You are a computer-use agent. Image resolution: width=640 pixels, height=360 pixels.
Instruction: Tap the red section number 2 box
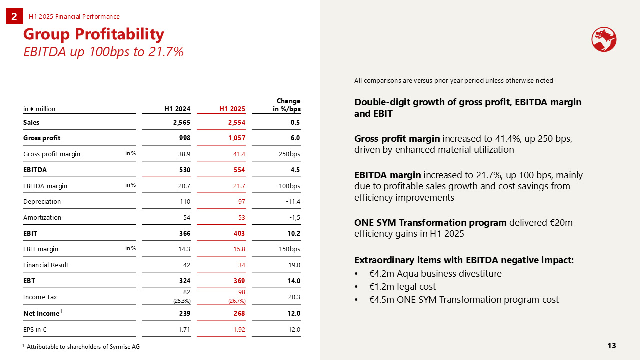pyautogui.click(x=14, y=16)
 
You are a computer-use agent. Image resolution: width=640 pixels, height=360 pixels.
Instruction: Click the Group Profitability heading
pyautogui.click(x=93, y=34)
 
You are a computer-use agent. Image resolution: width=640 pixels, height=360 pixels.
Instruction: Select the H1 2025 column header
pyautogui.click(x=232, y=109)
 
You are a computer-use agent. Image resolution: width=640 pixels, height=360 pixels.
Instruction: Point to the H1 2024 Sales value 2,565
pyautogui.click(x=181, y=122)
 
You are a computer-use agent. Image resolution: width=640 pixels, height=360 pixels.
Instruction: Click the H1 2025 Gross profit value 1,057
pyautogui.click(x=237, y=138)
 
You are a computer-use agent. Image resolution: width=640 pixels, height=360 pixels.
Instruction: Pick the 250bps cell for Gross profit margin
pyautogui.click(x=289, y=154)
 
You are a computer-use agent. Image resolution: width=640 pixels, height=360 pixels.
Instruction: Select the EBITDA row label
pyautogui.click(x=35, y=170)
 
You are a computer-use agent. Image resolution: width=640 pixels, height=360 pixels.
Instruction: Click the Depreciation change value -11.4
pyautogui.click(x=293, y=201)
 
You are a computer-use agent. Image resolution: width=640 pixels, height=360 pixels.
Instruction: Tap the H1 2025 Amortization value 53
pyautogui.click(x=241, y=217)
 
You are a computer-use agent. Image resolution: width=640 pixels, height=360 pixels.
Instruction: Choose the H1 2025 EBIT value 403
pyautogui.click(x=239, y=233)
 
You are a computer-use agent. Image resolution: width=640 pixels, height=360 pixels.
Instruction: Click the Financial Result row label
pyautogui.click(x=46, y=265)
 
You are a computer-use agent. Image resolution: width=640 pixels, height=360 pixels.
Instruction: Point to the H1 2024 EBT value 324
pyautogui.click(x=185, y=281)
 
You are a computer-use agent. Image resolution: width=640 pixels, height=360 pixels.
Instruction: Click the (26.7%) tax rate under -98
pyautogui.click(x=237, y=301)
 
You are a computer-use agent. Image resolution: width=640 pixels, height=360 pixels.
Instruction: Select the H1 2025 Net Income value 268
pyautogui.click(x=239, y=313)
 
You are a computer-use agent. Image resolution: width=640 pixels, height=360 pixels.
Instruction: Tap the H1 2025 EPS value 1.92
pyautogui.click(x=239, y=329)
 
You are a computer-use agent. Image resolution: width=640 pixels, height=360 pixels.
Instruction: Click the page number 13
pyautogui.click(x=611, y=346)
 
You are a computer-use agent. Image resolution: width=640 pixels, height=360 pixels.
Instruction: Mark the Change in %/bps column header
pyautogui.click(x=287, y=105)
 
